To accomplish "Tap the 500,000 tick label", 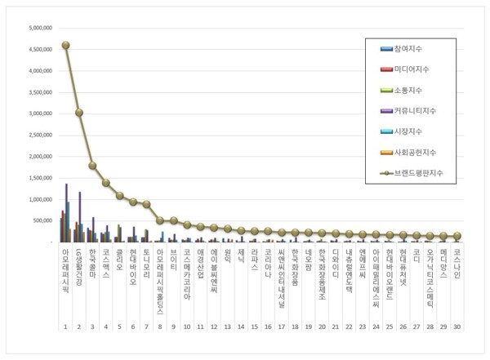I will [x=42, y=220].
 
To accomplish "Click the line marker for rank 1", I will [x=65, y=46].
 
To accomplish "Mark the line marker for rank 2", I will [x=78, y=113].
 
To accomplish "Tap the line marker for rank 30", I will [x=457, y=236].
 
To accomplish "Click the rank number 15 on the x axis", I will [x=254, y=327].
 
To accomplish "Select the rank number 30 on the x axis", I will [x=457, y=327].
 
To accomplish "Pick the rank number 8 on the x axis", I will [x=159, y=327].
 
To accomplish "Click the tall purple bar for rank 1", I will [x=66, y=213].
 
